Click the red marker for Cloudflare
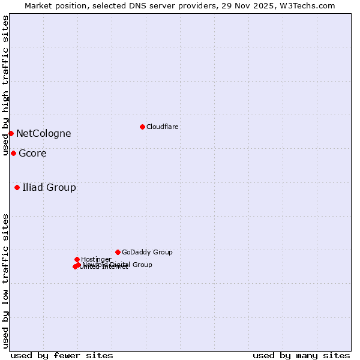(x=142, y=127)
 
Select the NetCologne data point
(x=11, y=133)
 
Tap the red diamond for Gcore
(x=13, y=153)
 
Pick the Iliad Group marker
(x=17, y=187)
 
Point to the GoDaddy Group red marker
(x=118, y=252)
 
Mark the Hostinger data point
(x=77, y=259)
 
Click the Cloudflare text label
(x=162, y=127)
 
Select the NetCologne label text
(x=43, y=133)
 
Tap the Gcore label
(x=32, y=153)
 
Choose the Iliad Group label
(x=49, y=187)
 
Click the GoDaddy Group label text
(x=147, y=252)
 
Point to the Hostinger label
(x=96, y=259)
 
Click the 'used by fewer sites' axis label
(x=62, y=355)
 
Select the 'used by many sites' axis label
(x=301, y=355)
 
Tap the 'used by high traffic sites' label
(x=5, y=86)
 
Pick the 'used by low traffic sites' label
(x=5, y=281)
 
